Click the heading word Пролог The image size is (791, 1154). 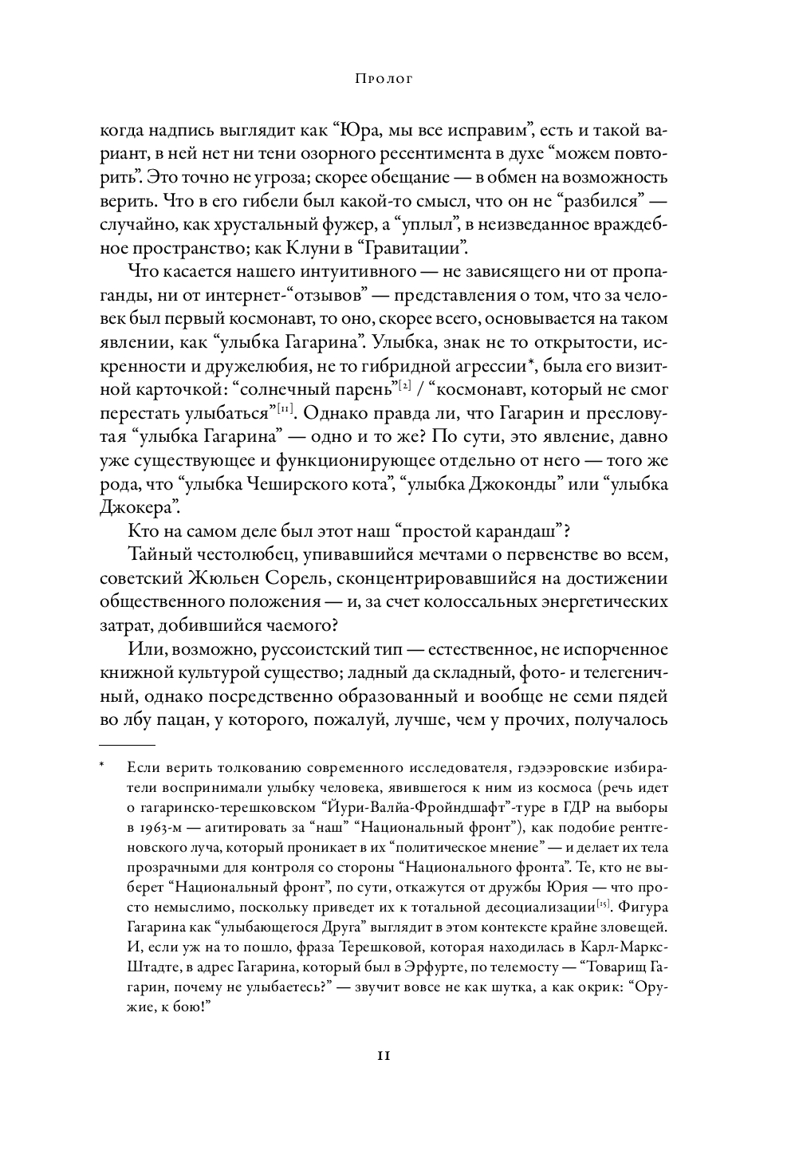384,80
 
